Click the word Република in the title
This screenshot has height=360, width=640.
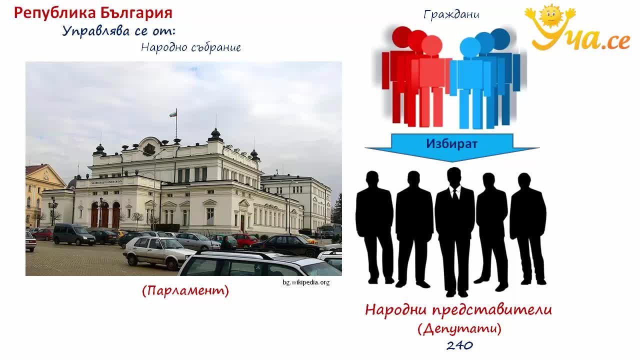click(55, 13)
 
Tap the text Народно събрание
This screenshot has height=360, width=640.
click(191, 47)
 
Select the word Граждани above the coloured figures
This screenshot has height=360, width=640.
click(451, 14)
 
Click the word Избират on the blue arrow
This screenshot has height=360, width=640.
click(451, 143)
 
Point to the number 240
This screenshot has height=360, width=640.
click(459, 345)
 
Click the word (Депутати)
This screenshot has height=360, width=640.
click(459, 328)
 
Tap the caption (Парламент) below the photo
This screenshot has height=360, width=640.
click(185, 291)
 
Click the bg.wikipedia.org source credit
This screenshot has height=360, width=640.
click(306, 282)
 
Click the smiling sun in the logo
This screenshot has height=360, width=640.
click(551, 15)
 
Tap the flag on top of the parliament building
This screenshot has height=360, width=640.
click(173, 114)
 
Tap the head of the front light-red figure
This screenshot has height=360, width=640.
click(431, 45)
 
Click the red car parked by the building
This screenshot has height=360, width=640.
click(245, 239)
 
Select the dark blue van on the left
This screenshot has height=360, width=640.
click(73, 234)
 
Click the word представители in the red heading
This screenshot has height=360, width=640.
click(492, 310)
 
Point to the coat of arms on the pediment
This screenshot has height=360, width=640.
click(149, 149)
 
